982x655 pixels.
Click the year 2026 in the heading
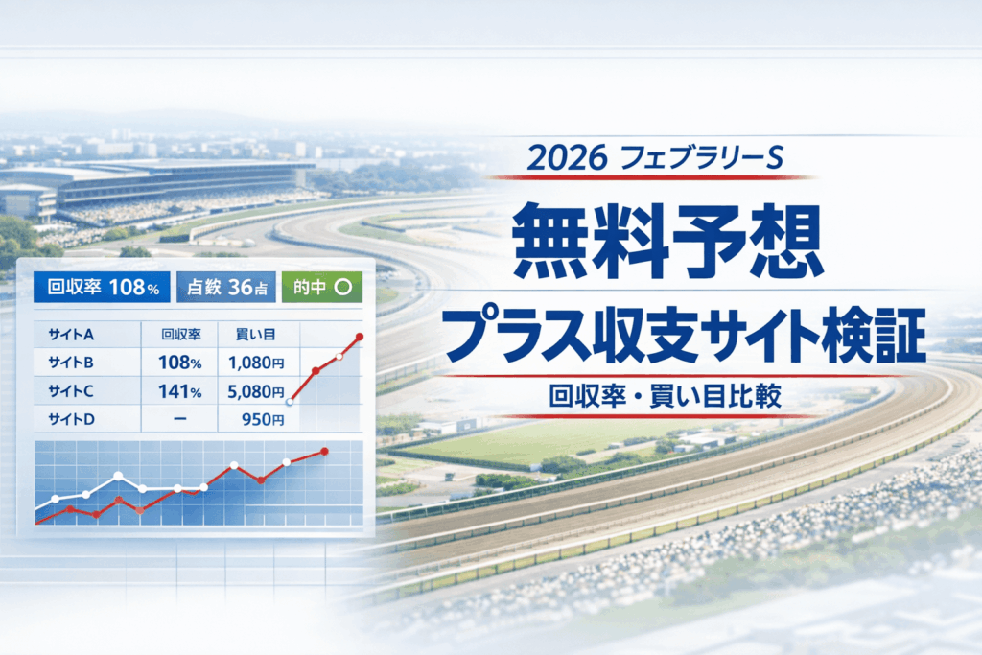tap(566, 159)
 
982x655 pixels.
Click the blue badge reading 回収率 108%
tap(102, 286)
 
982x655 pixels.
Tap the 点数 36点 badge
tap(226, 286)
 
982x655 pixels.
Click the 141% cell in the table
tap(179, 390)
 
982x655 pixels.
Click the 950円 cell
tap(259, 419)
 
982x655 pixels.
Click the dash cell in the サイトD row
tap(179, 419)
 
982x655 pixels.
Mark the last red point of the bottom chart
tap(325, 451)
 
